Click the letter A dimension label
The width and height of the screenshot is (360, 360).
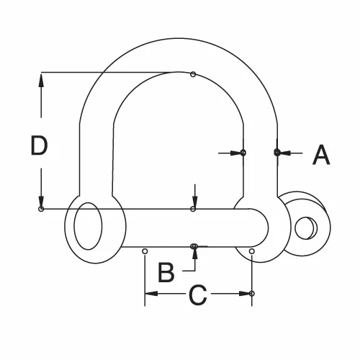coord(321,153)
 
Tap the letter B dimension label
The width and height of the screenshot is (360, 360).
coord(166,272)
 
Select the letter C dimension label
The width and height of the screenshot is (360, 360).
coord(198,294)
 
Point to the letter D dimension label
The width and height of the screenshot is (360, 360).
coord(39,146)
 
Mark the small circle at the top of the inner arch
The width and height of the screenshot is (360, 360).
coord(193,73)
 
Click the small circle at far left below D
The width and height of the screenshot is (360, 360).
coord(42,209)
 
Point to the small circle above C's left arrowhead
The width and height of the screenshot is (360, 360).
coord(145,251)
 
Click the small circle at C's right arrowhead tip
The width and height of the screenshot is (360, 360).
coord(252,294)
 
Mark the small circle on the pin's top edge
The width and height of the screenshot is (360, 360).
coord(193,209)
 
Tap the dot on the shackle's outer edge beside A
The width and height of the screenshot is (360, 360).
coord(277,152)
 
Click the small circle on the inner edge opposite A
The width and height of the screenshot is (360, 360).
coord(243,153)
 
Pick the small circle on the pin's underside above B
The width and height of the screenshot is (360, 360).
coord(194,246)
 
